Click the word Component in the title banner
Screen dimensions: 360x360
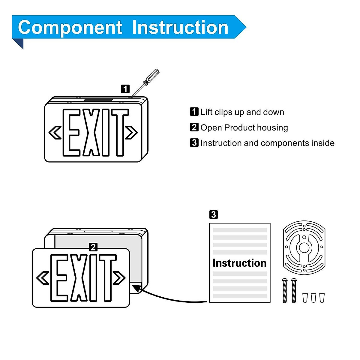click(70, 28)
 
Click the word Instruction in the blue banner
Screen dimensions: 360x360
click(180, 28)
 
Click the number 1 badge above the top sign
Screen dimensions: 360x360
click(125, 89)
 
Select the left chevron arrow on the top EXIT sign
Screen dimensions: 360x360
click(55, 132)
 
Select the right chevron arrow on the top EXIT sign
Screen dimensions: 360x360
click(131, 132)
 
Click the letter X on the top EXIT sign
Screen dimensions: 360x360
click(91, 132)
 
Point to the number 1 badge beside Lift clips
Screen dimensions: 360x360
click(194, 112)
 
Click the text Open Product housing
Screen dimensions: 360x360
click(244, 127)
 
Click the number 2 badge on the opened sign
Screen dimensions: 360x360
click(93, 247)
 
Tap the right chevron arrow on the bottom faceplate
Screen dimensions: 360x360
click(119, 277)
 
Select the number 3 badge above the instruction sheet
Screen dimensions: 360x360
click(213, 214)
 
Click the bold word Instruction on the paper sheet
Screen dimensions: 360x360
click(239, 263)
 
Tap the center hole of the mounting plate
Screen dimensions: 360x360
click(304, 247)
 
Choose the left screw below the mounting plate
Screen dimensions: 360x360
click(285, 290)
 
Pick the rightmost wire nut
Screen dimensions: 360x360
click(322, 298)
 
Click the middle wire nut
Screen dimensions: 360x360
click(313, 298)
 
